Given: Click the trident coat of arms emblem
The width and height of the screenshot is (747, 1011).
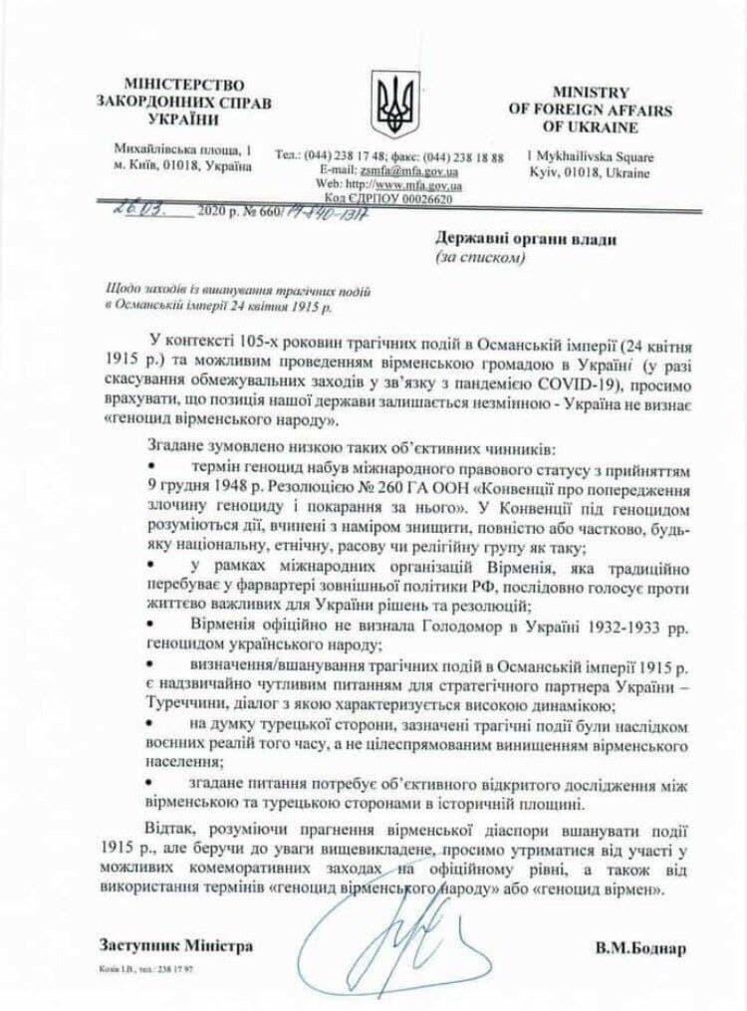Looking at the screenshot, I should click(x=395, y=103).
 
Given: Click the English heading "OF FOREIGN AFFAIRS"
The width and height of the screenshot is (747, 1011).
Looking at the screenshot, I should click(x=590, y=110).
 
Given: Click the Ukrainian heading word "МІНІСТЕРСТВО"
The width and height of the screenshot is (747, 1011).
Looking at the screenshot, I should click(x=183, y=85).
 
